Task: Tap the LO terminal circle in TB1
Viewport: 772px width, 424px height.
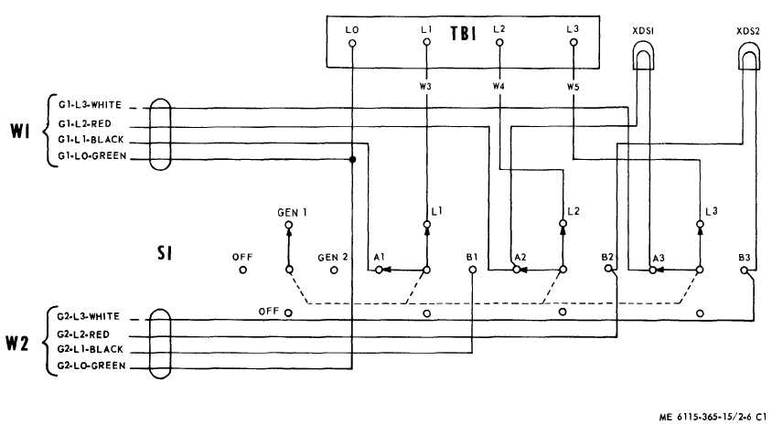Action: click(x=352, y=42)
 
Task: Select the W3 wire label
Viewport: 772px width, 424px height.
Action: click(x=426, y=87)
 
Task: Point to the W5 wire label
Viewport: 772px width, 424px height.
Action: click(x=574, y=87)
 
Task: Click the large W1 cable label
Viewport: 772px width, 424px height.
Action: click(x=22, y=132)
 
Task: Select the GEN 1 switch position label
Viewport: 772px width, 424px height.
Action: click(x=293, y=211)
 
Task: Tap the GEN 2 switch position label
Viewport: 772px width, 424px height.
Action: click(x=333, y=257)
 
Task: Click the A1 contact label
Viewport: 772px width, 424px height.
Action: click(x=380, y=258)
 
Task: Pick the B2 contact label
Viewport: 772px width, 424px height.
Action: click(x=608, y=258)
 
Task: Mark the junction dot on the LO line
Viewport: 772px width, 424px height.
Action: click(x=352, y=159)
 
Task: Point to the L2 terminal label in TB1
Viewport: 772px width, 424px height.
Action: click(x=499, y=29)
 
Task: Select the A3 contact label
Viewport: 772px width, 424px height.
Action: click(x=657, y=258)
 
